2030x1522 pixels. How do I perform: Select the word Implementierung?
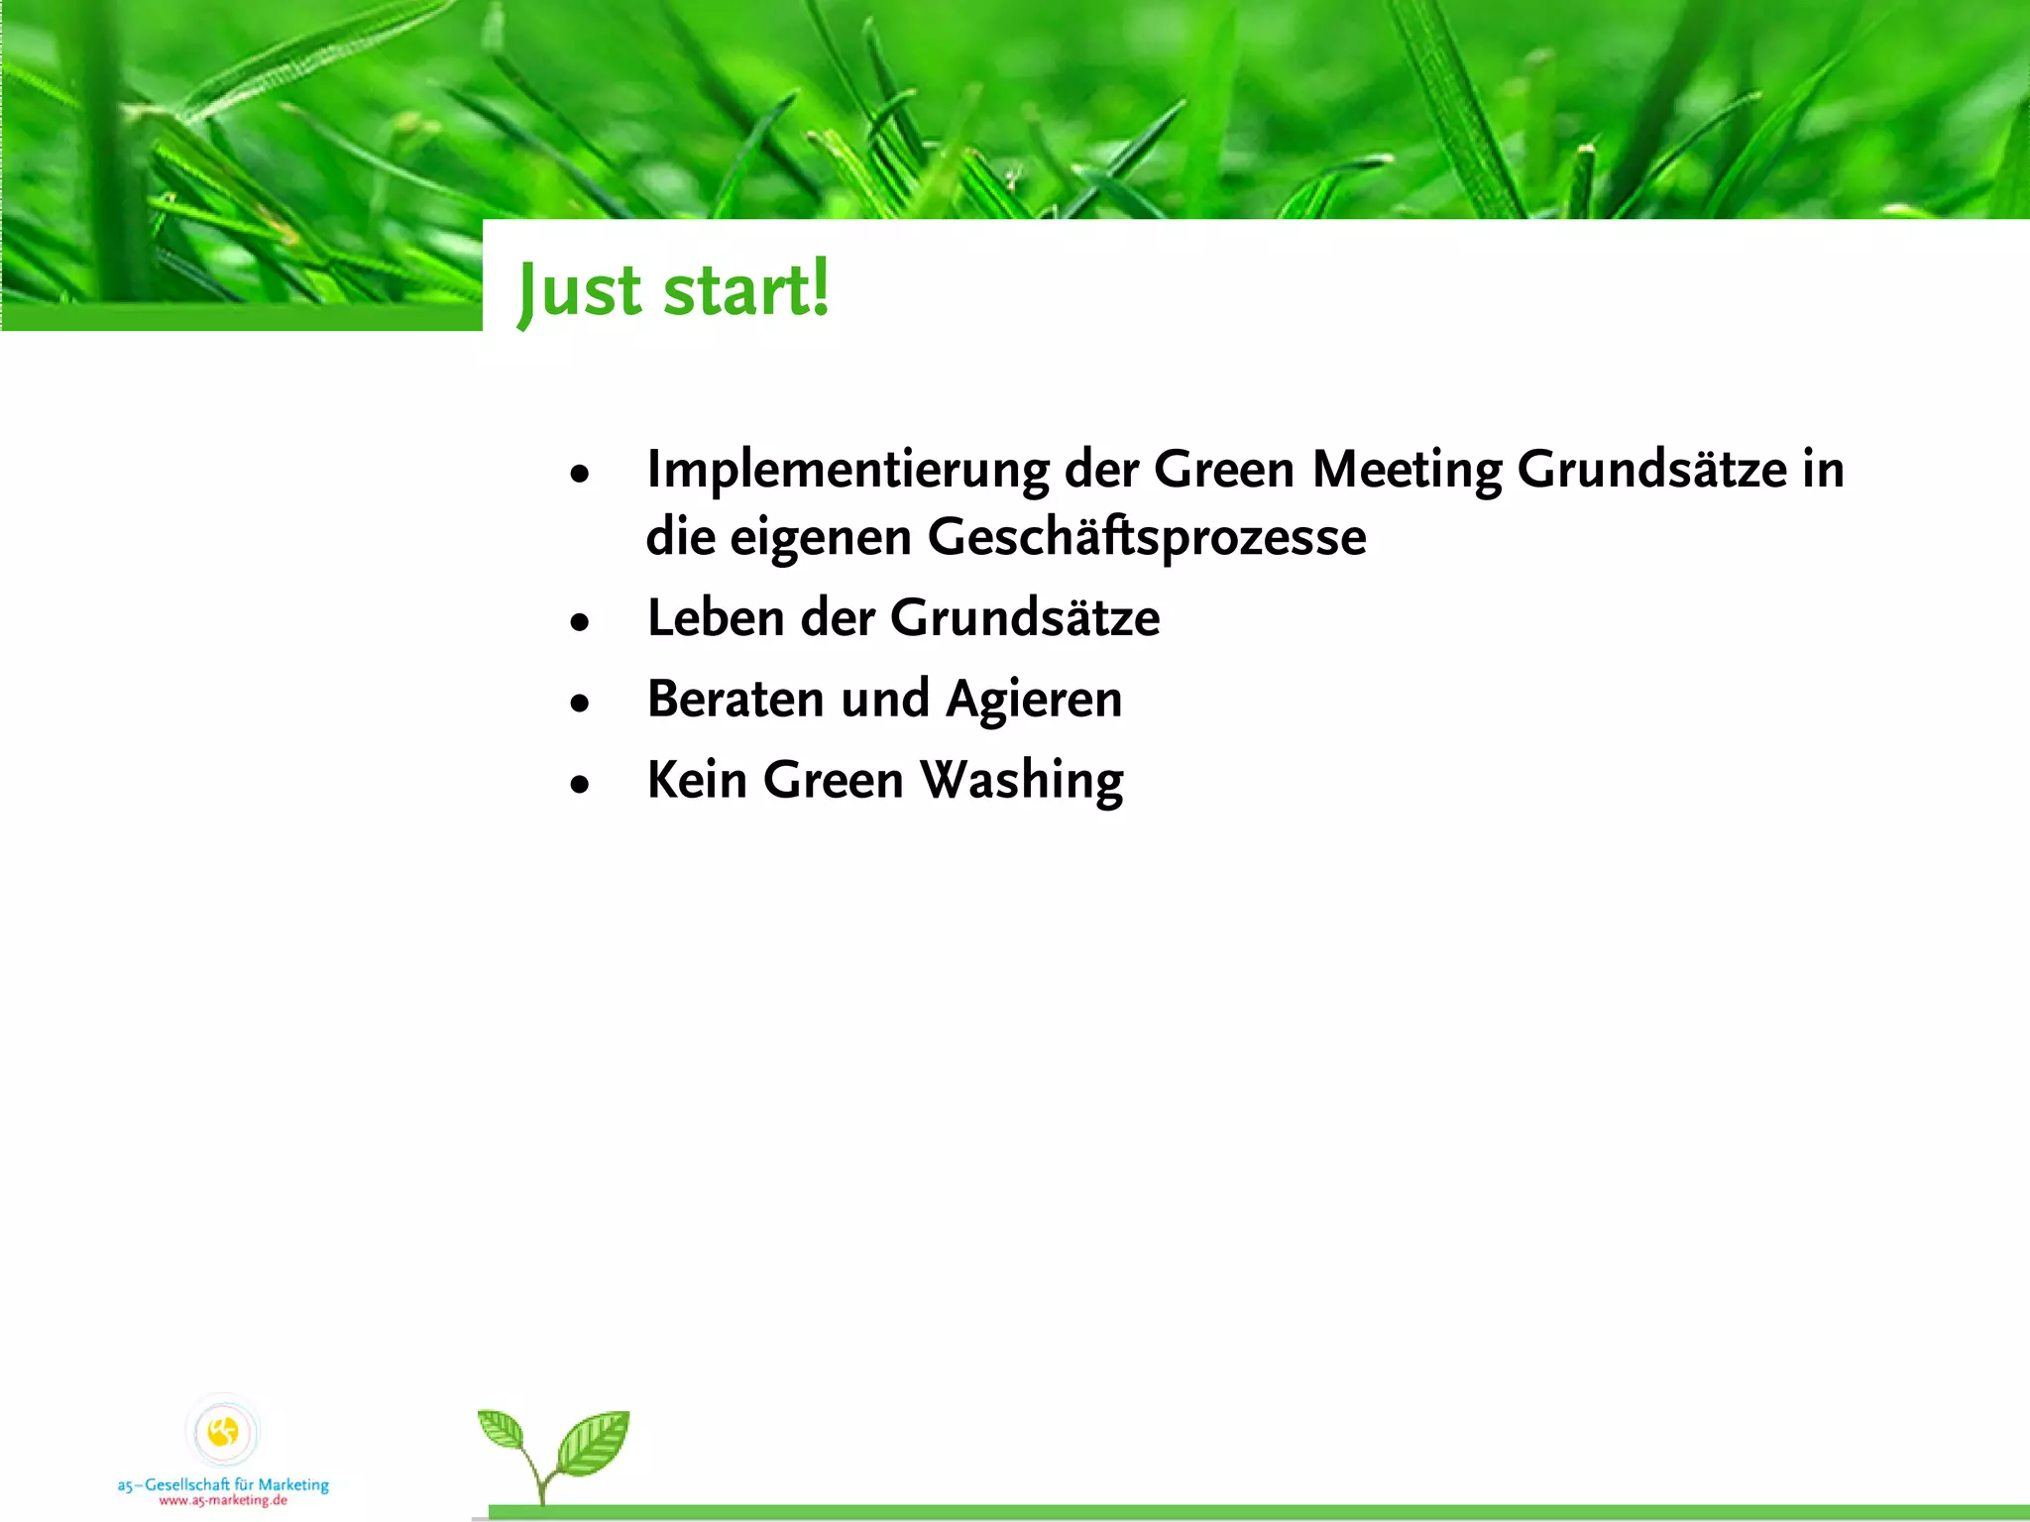pyautogui.click(x=847, y=470)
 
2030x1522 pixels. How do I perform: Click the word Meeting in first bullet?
pyautogui.click(x=1407, y=470)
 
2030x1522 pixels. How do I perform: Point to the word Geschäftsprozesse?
pyautogui.click(x=1146, y=538)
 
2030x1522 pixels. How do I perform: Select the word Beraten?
pyautogui.click(x=735, y=699)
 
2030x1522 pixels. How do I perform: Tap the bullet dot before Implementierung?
pyautogui.click(x=580, y=474)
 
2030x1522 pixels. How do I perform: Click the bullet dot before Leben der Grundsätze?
pyautogui.click(x=580, y=622)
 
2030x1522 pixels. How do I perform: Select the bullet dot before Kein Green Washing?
pyautogui.click(x=580, y=785)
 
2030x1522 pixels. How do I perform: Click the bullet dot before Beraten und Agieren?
pyautogui.click(x=580, y=704)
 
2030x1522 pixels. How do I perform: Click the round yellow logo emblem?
pyautogui.click(x=223, y=1432)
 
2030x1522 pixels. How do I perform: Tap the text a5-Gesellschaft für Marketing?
pyautogui.click(x=223, y=1484)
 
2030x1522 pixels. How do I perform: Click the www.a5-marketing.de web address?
pyautogui.click(x=223, y=1500)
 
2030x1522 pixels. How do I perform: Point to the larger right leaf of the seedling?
pyautogui.click(x=594, y=1443)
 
